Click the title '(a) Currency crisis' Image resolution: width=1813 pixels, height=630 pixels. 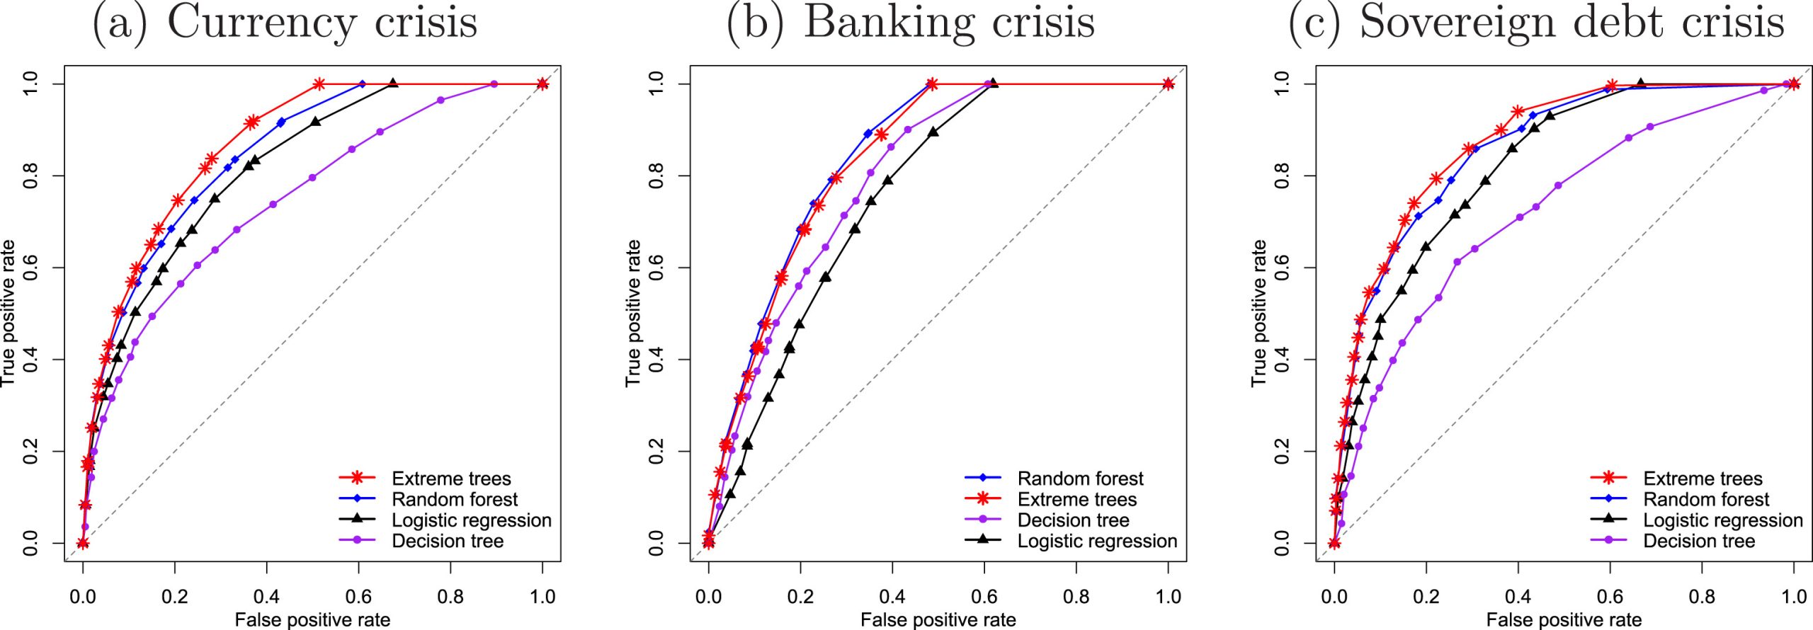[285, 23]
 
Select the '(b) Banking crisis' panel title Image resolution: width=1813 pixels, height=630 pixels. [911, 23]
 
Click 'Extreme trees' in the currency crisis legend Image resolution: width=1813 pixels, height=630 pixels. [451, 479]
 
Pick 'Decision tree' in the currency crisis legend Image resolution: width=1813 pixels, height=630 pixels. [448, 541]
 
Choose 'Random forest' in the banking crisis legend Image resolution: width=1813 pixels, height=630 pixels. [1080, 479]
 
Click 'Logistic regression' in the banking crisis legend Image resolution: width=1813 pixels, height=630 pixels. [1097, 542]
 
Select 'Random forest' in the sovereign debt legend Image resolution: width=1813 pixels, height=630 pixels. [1706, 499]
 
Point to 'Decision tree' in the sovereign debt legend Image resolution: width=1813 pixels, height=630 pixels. [1699, 541]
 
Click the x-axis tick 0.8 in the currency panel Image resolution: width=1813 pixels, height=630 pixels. [450, 596]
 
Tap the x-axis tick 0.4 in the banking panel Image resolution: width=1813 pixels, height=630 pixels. [892, 596]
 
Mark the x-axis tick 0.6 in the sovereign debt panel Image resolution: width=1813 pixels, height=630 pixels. [1610, 596]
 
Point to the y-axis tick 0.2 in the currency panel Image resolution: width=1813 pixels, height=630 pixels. [30, 451]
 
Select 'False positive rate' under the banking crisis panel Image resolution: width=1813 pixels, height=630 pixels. [938, 620]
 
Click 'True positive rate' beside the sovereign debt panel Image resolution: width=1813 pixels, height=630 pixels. [1258, 313]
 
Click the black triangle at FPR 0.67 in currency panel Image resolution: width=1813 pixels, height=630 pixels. [393, 84]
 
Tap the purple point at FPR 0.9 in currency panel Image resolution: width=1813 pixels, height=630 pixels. [494, 84]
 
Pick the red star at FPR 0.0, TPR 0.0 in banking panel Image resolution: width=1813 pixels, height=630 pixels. [708, 543]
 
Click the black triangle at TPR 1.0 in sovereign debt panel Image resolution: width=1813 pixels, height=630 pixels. [1640, 84]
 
